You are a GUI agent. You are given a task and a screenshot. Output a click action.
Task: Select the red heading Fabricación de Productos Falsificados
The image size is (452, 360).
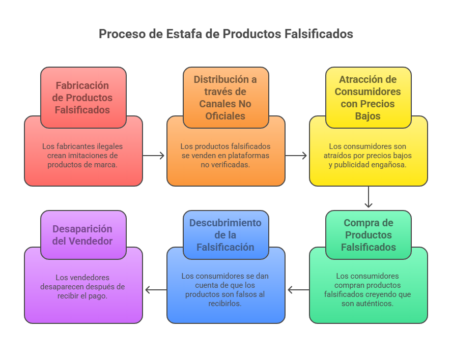(83, 97)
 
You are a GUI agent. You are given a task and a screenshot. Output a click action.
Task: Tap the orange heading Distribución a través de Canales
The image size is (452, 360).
(225, 97)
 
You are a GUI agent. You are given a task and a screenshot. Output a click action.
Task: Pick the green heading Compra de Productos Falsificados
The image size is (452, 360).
(368, 235)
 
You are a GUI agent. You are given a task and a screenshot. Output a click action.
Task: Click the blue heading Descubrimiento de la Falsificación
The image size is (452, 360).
(225, 235)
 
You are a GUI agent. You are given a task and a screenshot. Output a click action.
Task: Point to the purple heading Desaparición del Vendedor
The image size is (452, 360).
(83, 235)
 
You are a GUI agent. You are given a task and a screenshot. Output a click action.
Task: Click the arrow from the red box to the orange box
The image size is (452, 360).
(154, 156)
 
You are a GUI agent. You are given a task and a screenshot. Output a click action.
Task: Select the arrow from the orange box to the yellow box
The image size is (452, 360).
(297, 156)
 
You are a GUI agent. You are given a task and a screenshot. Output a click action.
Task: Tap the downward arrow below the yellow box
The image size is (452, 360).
(369, 197)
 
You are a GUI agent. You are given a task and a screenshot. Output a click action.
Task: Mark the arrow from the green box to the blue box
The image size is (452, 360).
(298, 290)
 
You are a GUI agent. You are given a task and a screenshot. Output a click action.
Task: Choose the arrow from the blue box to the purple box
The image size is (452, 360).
(155, 290)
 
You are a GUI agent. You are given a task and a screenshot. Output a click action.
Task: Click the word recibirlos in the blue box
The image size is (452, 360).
(225, 304)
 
